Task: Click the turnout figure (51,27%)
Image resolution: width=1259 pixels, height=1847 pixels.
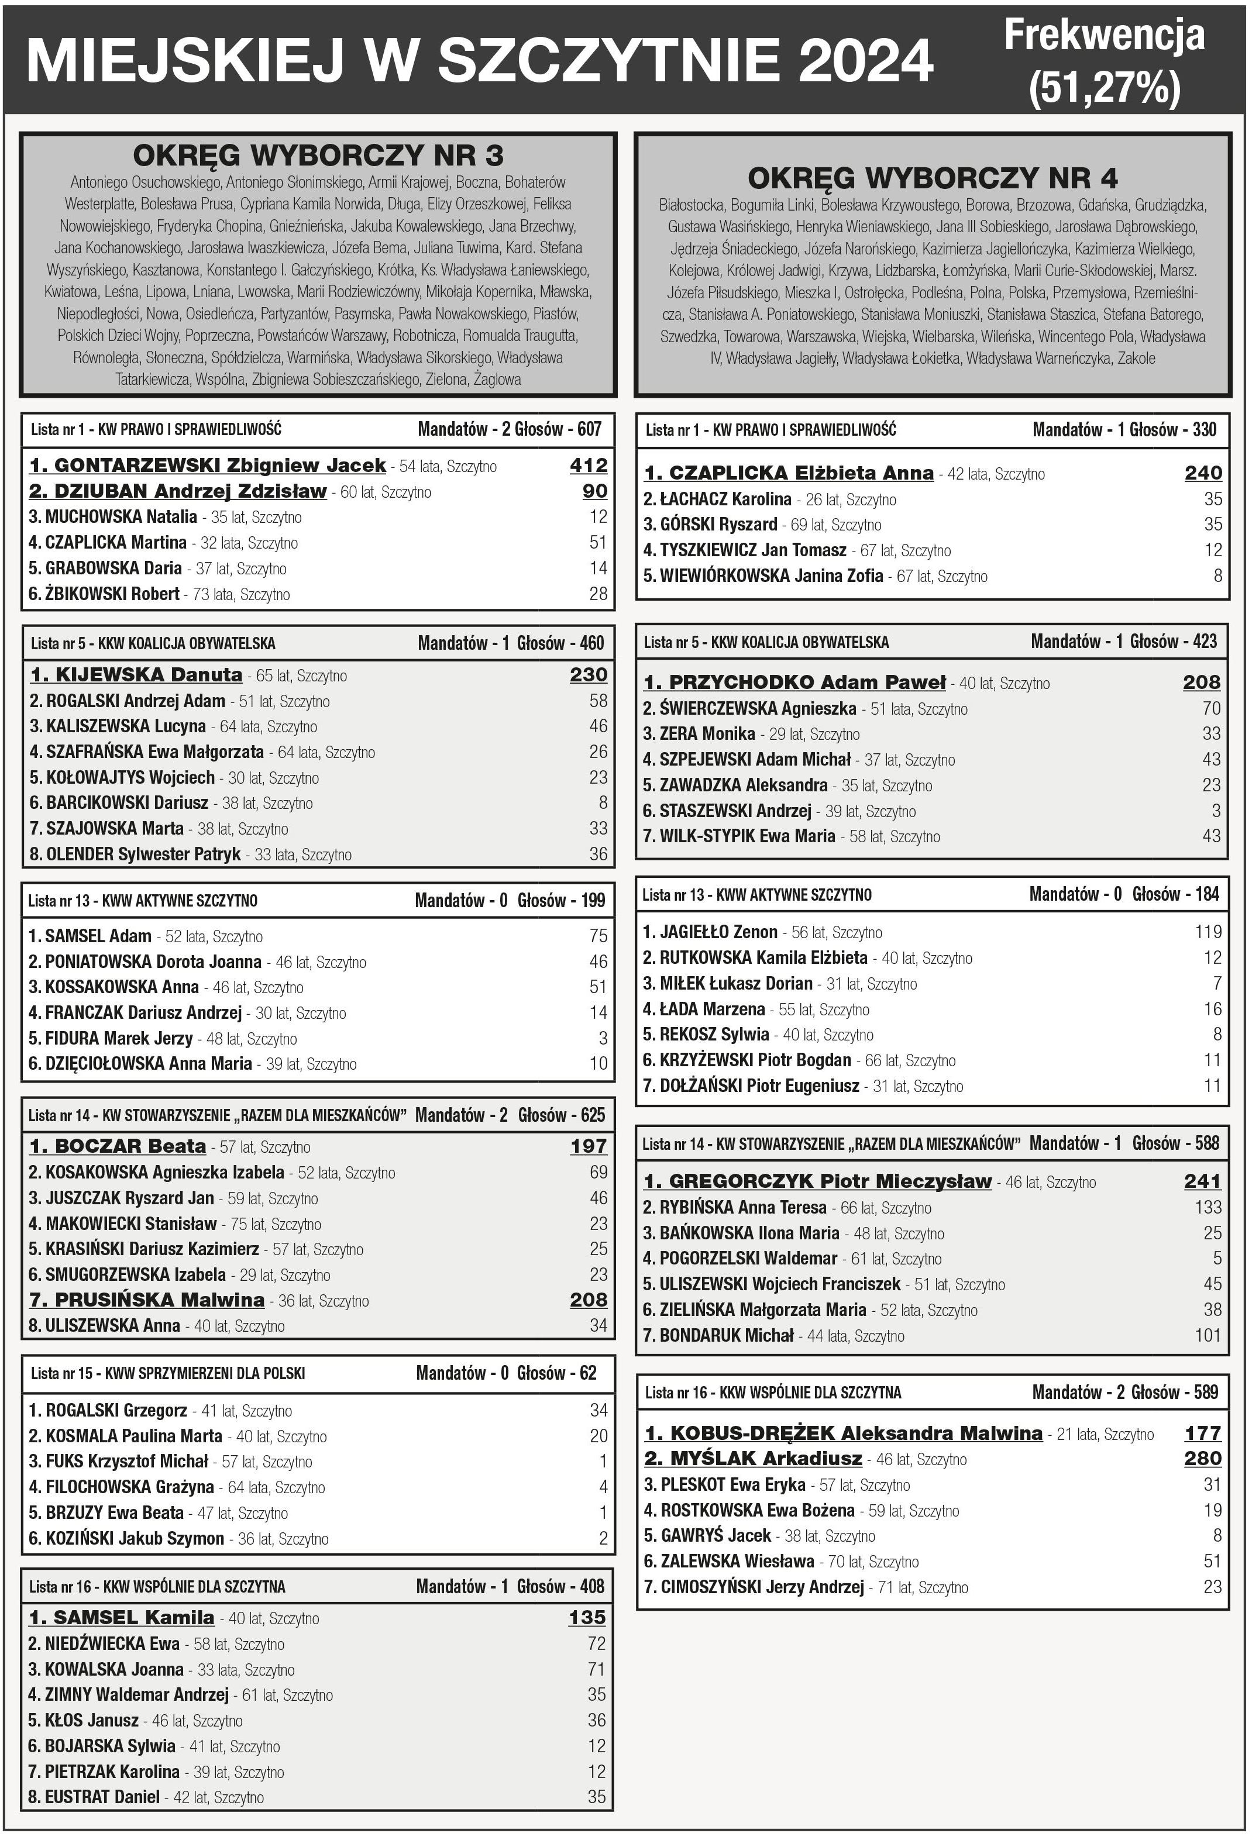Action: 1104,87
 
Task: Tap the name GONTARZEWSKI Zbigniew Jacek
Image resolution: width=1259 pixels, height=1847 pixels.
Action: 208,466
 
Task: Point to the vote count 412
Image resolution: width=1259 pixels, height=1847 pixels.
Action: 588,466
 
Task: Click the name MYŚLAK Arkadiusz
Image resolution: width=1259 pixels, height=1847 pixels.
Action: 753,1459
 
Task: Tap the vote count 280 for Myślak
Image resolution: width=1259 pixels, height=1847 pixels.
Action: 1202,1459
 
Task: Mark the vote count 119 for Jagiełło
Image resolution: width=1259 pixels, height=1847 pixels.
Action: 1208,932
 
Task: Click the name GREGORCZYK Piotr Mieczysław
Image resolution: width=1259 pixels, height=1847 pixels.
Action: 818,1181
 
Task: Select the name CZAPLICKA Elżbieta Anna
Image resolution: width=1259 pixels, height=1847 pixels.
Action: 789,473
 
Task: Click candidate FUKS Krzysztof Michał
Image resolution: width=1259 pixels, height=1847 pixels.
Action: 118,1461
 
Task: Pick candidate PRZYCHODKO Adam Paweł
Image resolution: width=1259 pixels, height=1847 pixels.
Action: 795,682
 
